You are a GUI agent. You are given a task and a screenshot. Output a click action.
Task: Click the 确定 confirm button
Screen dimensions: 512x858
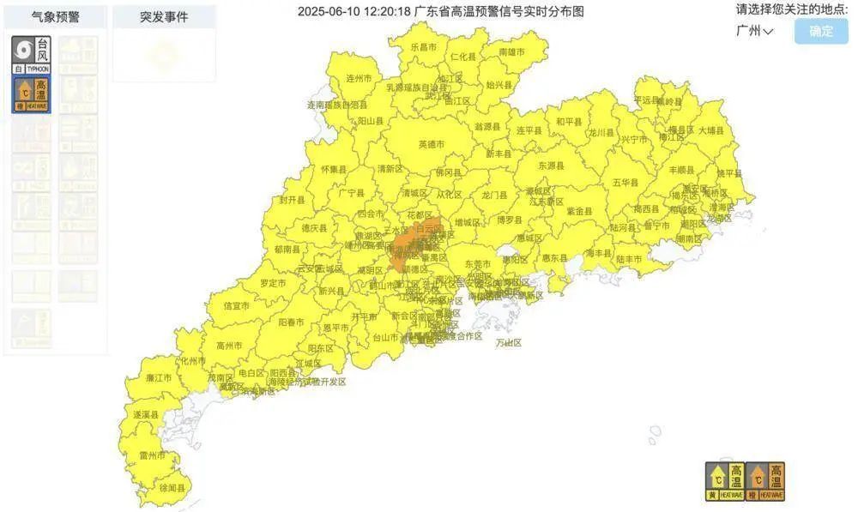click(821, 31)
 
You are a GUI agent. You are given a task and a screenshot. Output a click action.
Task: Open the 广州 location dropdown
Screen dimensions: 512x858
click(755, 31)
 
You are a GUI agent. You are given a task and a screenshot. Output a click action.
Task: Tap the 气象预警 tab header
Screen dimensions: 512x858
click(56, 16)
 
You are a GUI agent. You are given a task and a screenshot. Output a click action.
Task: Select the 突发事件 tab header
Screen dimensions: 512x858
click(164, 16)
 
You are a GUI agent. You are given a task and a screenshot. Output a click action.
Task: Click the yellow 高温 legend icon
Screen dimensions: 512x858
click(723, 481)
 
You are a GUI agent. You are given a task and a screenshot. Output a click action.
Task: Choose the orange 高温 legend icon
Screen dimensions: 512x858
click(764, 481)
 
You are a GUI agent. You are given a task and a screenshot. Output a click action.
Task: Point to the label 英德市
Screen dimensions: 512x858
click(432, 145)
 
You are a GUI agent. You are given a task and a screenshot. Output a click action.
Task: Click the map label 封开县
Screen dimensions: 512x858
click(292, 199)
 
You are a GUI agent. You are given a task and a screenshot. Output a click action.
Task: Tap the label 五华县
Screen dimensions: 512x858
click(625, 183)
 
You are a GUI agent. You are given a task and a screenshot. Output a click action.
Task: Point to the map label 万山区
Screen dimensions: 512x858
click(509, 343)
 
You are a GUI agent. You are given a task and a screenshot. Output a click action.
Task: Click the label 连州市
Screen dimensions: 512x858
click(358, 78)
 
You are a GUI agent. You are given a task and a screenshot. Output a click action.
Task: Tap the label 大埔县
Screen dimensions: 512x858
click(710, 131)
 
